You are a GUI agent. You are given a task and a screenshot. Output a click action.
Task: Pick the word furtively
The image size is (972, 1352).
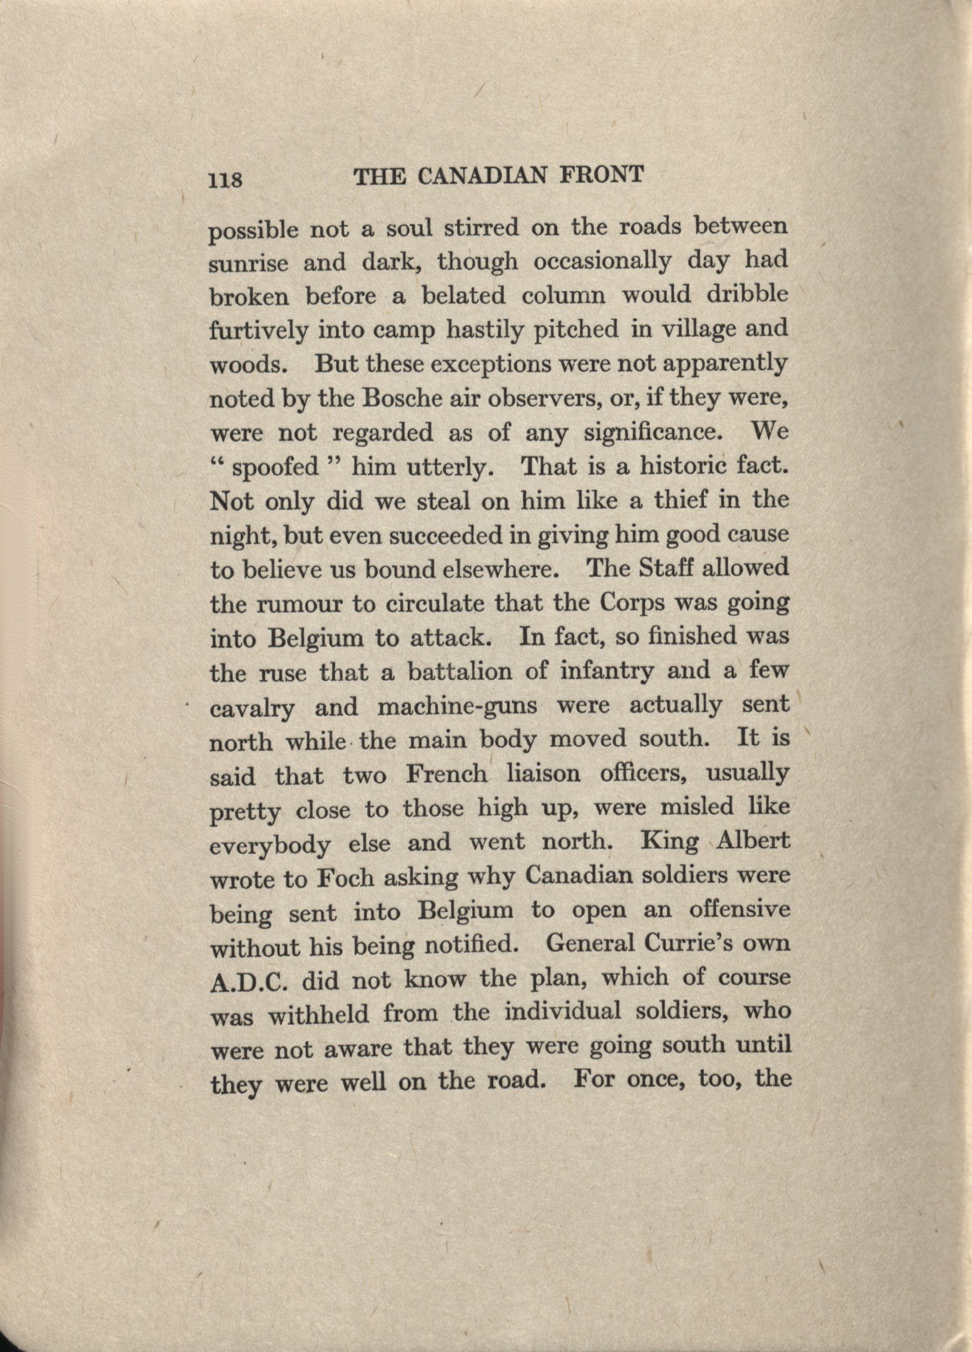coord(258,331)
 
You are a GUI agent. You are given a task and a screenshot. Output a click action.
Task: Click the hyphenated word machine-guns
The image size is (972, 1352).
coord(457,707)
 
